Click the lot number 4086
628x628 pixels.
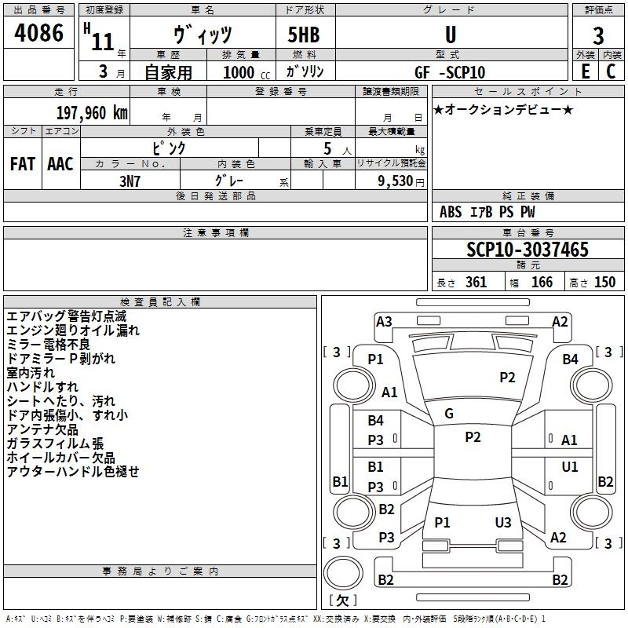(38, 33)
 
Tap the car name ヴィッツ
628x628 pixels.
(203, 35)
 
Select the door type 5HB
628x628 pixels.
(304, 35)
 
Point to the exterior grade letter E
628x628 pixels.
(585, 71)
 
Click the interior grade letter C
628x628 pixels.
(611, 71)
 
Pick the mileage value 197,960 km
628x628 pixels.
(92, 113)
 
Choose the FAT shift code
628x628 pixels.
(23, 164)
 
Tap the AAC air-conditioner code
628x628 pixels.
(60, 164)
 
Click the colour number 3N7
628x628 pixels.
(130, 181)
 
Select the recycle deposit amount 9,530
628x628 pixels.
(396, 181)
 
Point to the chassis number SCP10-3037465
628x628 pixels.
(528, 249)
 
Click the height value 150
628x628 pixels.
(604, 282)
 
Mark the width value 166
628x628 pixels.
(542, 282)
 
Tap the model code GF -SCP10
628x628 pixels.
(450, 72)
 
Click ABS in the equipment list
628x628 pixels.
(451, 212)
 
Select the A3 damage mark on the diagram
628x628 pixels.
(384, 322)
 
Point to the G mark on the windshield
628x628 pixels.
(449, 414)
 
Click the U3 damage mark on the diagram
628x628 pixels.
(503, 522)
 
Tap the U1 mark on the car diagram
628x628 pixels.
(570, 466)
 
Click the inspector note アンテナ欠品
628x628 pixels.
(42, 429)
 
